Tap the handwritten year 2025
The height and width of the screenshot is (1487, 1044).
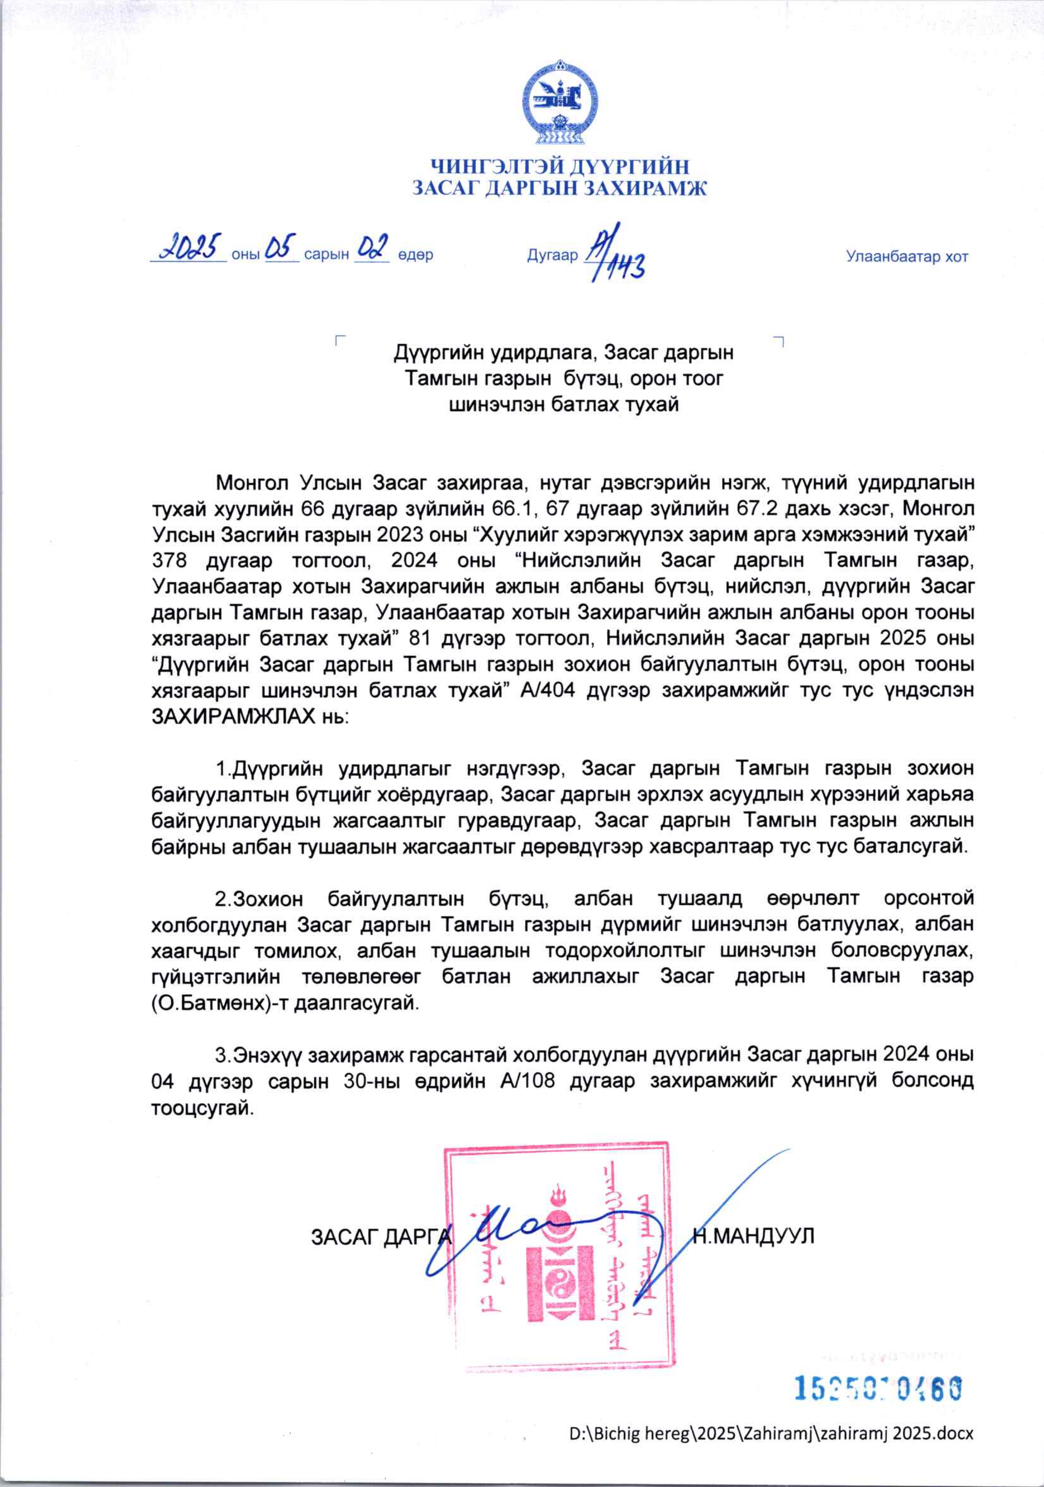188,248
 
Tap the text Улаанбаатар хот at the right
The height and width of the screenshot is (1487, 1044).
907,256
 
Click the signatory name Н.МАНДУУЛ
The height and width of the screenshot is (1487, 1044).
753,1236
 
